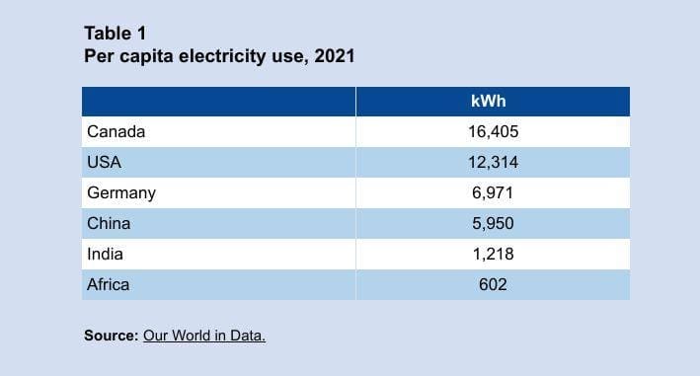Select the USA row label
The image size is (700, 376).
point(105,162)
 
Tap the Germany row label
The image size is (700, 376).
point(121,192)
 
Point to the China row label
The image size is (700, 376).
point(109,223)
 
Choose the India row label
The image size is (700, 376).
point(106,254)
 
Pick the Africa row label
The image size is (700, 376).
point(109,284)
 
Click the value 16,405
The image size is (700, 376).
point(492,131)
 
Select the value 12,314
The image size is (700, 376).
point(492,162)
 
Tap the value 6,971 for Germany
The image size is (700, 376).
point(492,192)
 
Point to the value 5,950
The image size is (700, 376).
point(492,223)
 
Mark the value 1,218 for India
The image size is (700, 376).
point(492,254)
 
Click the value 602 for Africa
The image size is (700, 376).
point(492,284)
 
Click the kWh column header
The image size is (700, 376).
point(491,102)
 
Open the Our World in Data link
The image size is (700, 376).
point(204,336)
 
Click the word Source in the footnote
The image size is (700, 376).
point(111,336)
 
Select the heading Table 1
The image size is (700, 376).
point(115,33)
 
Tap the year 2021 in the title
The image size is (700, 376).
point(335,56)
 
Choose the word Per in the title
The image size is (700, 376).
point(98,56)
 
